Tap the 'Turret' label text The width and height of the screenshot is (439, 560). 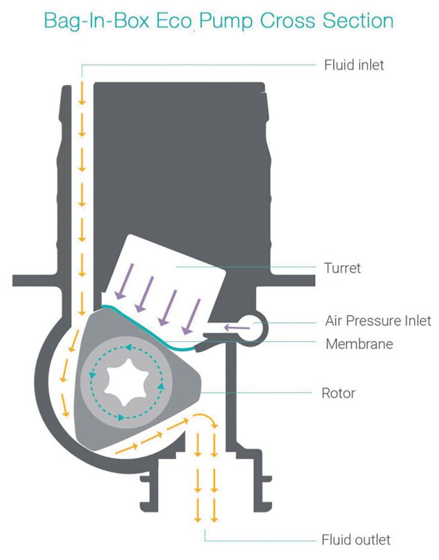(342, 268)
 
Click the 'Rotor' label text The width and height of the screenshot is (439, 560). (338, 393)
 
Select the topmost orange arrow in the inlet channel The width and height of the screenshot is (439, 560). (82, 93)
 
